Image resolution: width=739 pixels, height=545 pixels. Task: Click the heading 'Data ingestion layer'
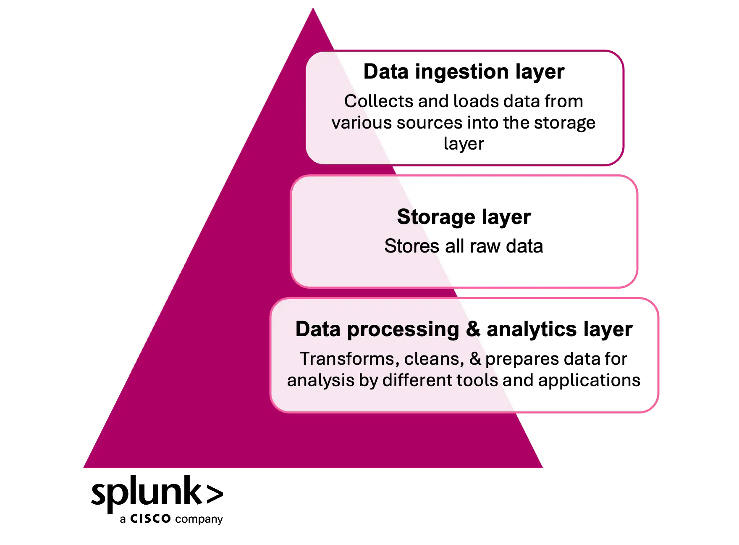click(464, 71)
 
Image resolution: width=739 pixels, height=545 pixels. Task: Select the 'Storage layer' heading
click(464, 217)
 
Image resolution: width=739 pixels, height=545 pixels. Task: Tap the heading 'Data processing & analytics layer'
click(464, 329)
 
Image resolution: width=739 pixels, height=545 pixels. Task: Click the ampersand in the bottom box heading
click(473, 329)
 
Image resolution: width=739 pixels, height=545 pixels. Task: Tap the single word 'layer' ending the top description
click(464, 144)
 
